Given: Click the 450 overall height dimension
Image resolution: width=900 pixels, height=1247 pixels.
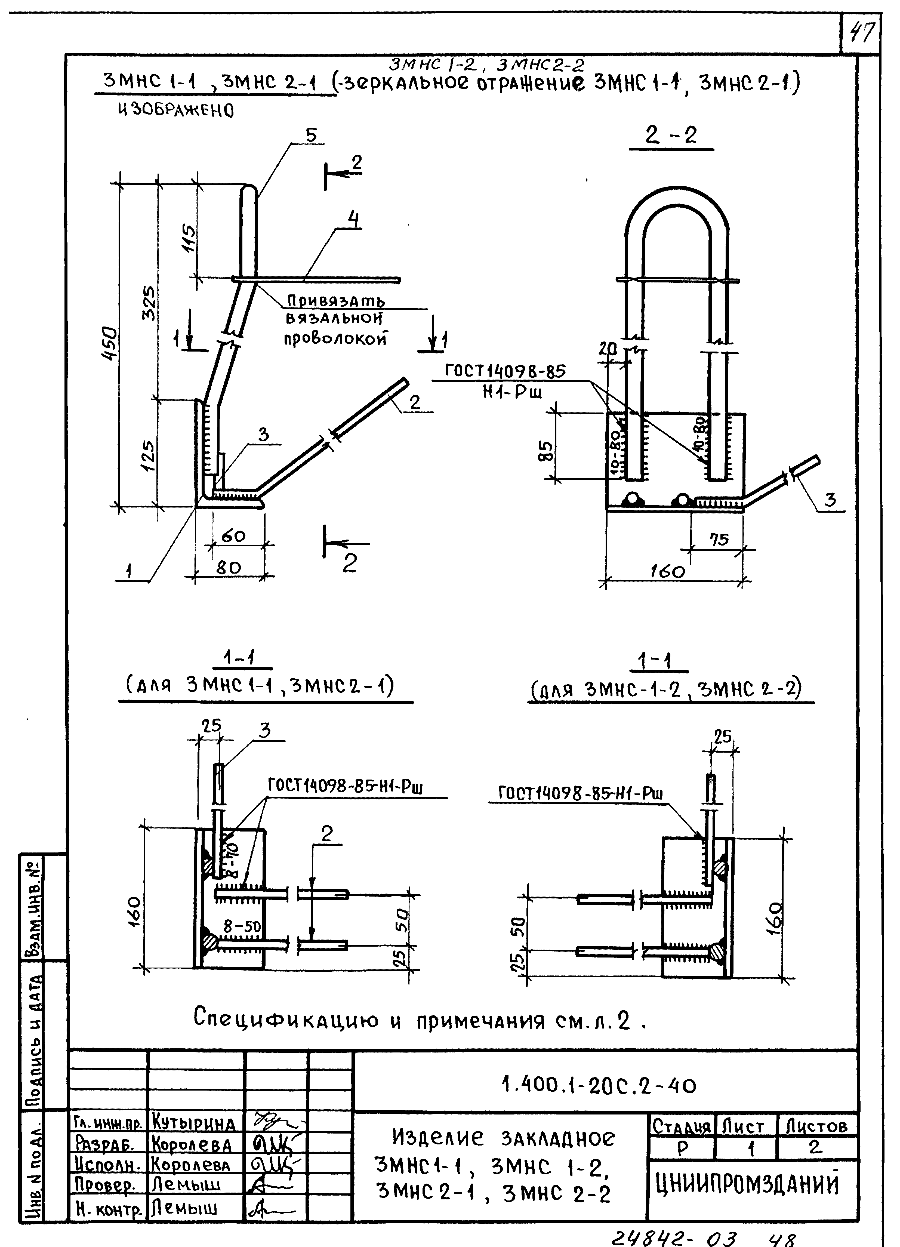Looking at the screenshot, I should (x=110, y=344).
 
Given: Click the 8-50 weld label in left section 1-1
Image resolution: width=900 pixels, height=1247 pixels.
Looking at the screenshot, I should (x=242, y=926).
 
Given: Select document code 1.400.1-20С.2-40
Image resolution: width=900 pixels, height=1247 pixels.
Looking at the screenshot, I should (x=599, y=1085).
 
